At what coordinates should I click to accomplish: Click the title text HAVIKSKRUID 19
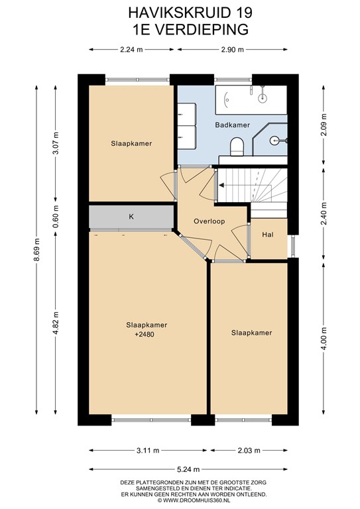(x=180, y=12)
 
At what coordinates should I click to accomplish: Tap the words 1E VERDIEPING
(x=180, y=28)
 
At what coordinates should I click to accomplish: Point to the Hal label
(x=268, y=235)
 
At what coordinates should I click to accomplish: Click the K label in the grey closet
(x=131, y=217)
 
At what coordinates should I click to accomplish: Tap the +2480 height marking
(x=146, y=335)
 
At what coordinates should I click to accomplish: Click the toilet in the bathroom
(x=236, y=146)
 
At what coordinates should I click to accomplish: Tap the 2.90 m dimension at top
(x=231, y=49)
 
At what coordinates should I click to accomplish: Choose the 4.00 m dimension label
(x=324, y=338)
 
